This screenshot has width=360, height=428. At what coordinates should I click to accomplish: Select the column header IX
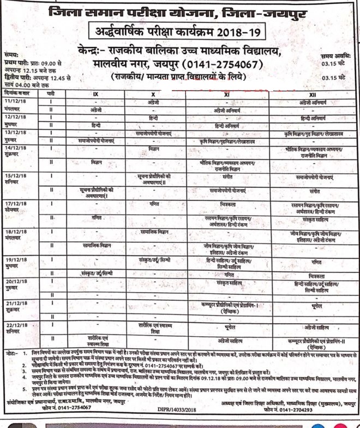point(96,94)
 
